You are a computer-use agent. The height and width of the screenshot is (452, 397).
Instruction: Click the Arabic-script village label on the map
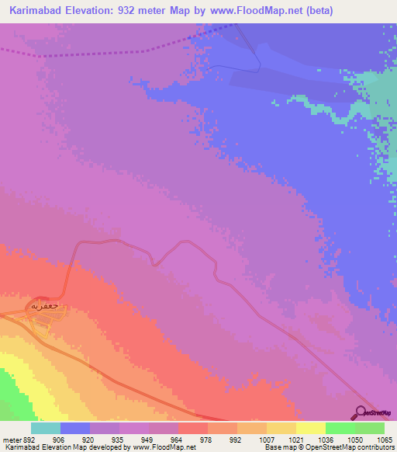[x=44, y=307]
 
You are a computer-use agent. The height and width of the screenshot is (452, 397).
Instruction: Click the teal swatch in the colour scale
[x=46, y=428]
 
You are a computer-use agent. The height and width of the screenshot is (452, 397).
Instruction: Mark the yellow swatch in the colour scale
[x=310, y=428]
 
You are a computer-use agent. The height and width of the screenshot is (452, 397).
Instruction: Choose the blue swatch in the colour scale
[x=75, y=428]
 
